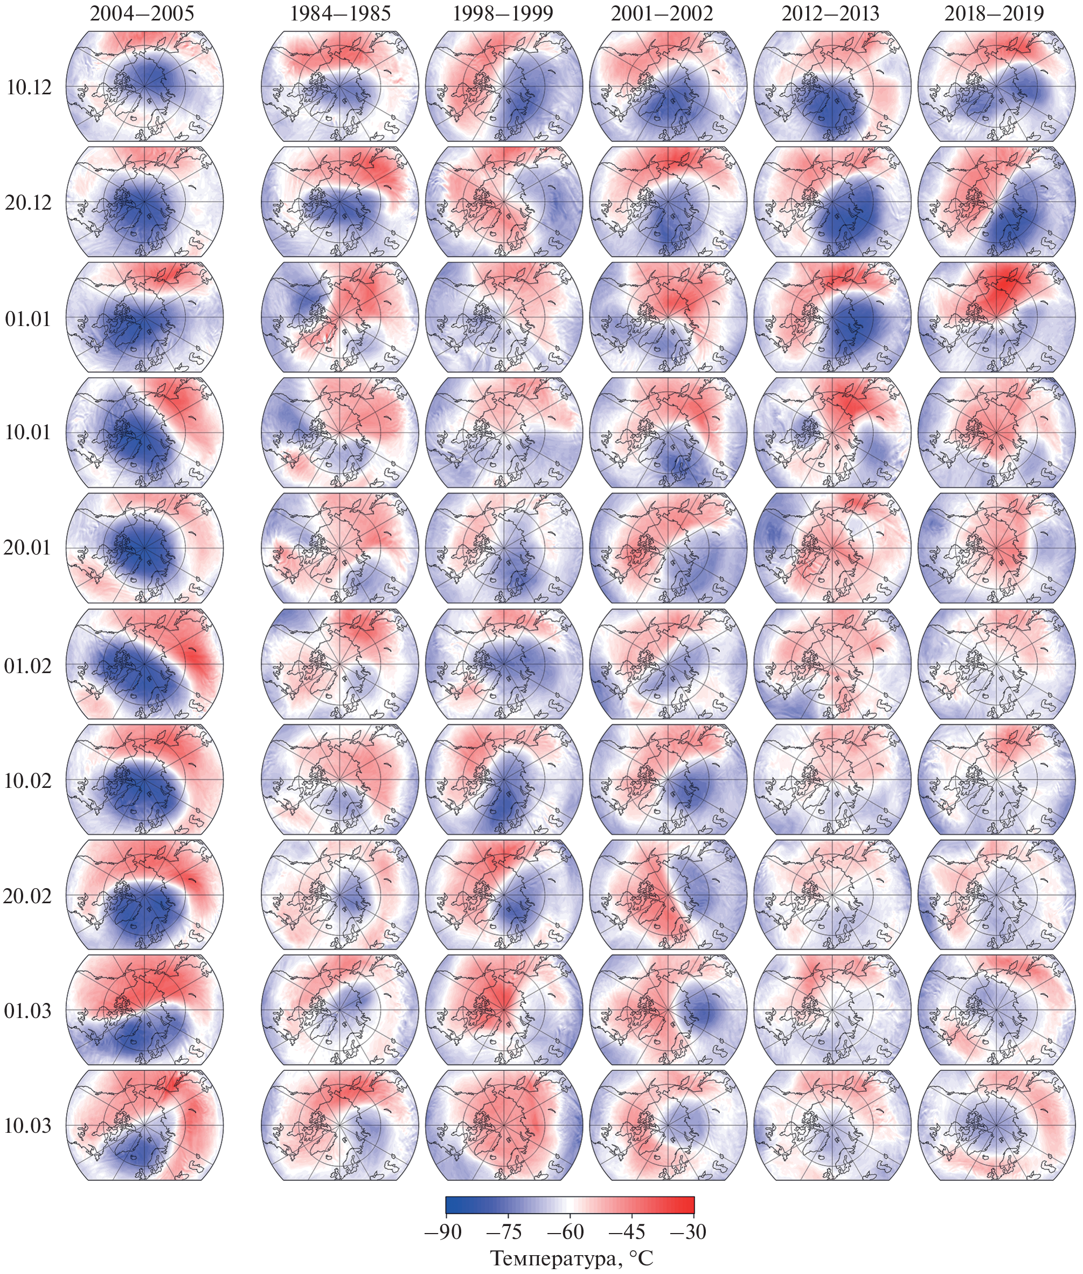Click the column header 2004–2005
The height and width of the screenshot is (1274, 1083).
pos(142,13)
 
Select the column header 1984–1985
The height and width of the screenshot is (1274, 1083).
pos(340,13)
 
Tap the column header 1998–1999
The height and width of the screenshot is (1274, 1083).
pos(503,13)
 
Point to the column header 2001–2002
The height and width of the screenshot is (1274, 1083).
pos(662,13)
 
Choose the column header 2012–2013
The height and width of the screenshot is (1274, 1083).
pos(830,13)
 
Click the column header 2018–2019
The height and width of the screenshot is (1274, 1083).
pos(994,13)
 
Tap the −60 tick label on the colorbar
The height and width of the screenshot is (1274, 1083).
pos(569,1231)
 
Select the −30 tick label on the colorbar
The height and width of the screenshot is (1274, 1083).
pos(689,1231)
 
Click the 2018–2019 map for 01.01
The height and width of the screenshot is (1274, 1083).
pos(996,317)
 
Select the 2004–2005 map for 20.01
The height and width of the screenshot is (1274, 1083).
pos(145,548)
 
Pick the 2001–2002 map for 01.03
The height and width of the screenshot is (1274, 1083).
pos(668,1010)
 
